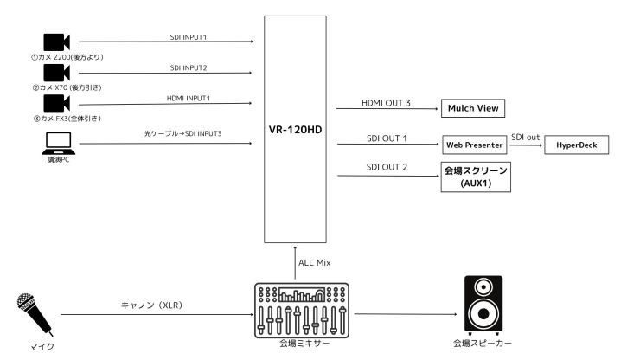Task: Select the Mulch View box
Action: coord(472,109)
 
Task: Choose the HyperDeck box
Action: coord(577,144)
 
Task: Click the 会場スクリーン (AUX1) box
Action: coord(475,177)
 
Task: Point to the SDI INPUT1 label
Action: coord(188,36)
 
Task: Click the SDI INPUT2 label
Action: coord(188,67)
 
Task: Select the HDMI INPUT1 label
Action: coord(188,97)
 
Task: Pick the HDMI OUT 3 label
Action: coord(386,103)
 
